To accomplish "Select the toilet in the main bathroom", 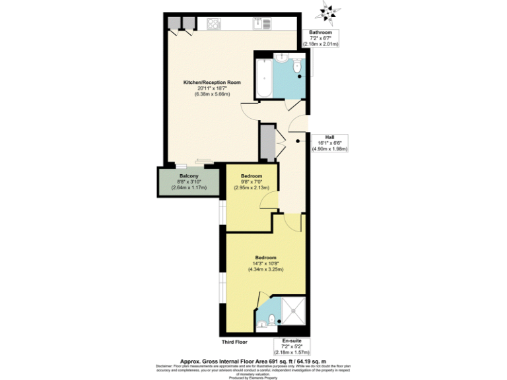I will tap(297, 67).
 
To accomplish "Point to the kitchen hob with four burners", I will tap(215, 24).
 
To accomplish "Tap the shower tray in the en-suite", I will tap(290, 310).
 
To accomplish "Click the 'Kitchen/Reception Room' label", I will tap(211, 82).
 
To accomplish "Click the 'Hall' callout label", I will tap(329, 137).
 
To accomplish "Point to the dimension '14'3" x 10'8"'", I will tap(266, 263).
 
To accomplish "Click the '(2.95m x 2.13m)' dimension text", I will tap(252, 187).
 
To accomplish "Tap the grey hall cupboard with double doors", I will tap(267, 141).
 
